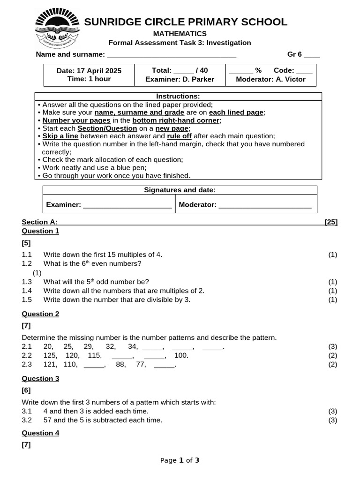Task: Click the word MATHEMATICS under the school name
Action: (x=180, y=34)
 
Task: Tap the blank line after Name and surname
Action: (x=172, y=55)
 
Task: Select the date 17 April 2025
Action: (x=89, y=71)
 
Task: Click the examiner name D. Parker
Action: (x=196, y=79)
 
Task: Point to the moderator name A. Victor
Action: (x=290, y=79)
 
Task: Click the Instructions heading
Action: (x=178, y=97)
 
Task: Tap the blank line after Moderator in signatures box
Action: (x=265, y=205)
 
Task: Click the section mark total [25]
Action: (x=331, y=222)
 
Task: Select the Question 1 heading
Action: (x=41, y=231)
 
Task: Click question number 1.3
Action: (x=27, y=282)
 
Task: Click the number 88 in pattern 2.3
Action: (x=120, y=364)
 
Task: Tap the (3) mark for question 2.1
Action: (x=332, y=347)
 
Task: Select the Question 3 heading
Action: (x=41, y=379)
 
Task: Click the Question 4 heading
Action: (x=41, y=434)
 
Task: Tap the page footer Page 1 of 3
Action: (x=180, y=460)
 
